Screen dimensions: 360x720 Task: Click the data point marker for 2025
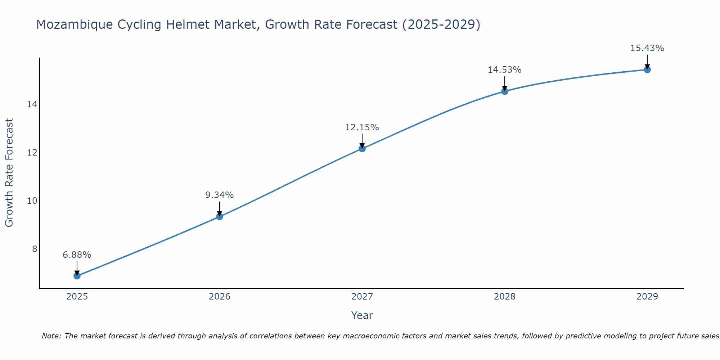click(77, 276)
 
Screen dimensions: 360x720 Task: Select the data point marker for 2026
click(220, 216)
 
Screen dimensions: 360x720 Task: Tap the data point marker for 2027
click(362, 148)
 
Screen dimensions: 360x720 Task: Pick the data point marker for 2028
click(505, 91)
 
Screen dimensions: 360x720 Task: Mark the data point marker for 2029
click(647, 69)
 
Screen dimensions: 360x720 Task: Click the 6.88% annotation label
click(77, 255)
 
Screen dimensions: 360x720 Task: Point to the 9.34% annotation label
click(220, 195)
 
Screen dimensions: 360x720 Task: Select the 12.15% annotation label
click(362, 127)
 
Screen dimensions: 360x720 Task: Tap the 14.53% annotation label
click(505, 70)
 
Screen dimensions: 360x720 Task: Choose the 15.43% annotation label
click(647, 48)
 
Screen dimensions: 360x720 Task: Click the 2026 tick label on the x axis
click(220, 297)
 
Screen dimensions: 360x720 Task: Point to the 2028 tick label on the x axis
click(505, 297)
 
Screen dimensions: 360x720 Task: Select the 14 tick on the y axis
click(32, 104)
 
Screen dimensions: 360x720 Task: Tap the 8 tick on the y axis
click(35, 249)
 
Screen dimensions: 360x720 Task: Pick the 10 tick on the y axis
click(32, 201)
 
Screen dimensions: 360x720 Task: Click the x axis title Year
click(362, 315)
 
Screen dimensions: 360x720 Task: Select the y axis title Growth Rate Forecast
click(9, 172)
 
